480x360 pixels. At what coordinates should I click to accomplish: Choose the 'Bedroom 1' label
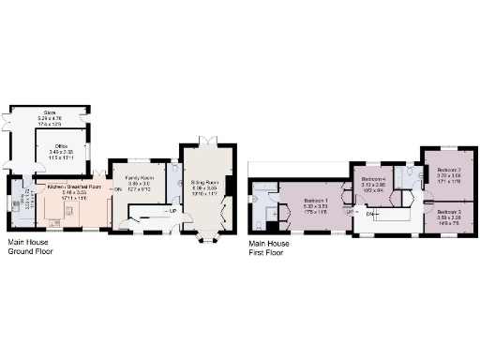pos(314,200)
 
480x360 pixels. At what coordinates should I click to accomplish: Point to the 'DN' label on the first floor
pos(370,214)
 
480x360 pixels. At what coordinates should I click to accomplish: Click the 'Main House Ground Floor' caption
pos(32,247)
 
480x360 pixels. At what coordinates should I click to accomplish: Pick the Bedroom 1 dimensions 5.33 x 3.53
pos(314,205)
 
